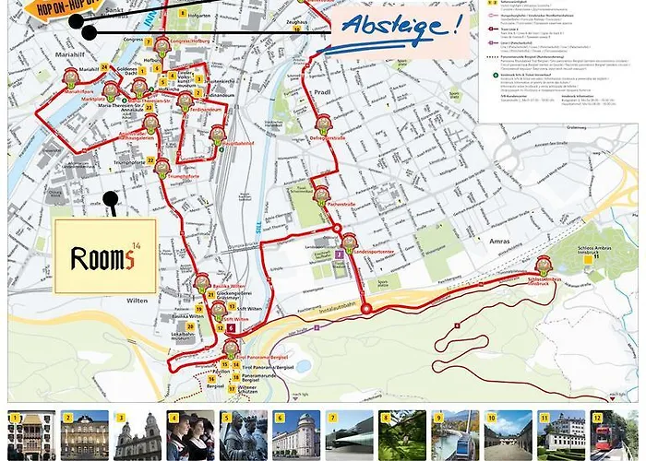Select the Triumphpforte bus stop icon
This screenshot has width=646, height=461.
[x=163, y=167]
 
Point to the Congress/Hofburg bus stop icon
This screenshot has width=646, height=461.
[x=162, y=45]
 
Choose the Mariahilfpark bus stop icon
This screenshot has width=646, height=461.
[x=69, y=82]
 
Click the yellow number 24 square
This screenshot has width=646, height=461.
[x=105, y=67]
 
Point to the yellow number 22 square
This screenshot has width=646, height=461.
[x=150, y=160]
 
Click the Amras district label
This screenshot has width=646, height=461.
[x=490, y=239]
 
